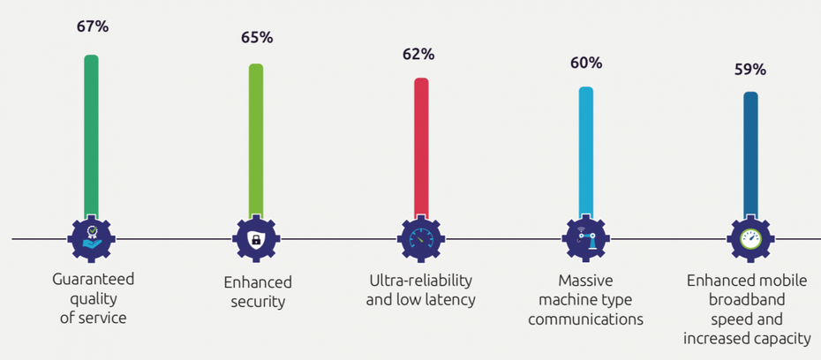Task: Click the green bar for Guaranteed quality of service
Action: point(91,137)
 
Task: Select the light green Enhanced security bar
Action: point(255,141)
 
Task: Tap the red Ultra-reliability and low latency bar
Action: point(421,148)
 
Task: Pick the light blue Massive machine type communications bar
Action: point(585,153)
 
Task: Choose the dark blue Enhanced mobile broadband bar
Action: point(749,155)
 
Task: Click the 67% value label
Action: point(93,26)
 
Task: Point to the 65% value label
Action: point(257,38)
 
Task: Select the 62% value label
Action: point(418,55)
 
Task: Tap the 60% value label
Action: point(586,63)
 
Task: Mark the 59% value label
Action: point(750,70)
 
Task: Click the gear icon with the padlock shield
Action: point(256,238)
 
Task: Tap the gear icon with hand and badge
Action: point(92,238)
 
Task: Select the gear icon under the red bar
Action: point(420,238)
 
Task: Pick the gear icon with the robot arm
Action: point(585,238)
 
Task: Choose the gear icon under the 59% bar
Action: point(750,238)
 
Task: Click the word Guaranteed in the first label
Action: point(93,280)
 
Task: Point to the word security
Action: point(257,302)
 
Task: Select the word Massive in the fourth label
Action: point(585,281)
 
